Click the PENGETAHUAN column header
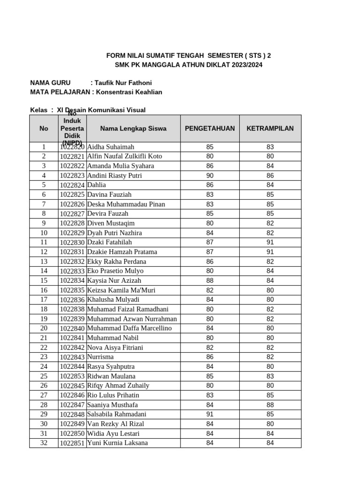coord(210,128)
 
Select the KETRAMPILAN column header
coord(270,128)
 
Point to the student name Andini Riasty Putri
coord(115,176)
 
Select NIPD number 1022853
coord(72,376)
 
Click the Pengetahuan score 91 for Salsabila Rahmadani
coord(210,414)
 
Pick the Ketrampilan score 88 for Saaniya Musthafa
coord(270,405)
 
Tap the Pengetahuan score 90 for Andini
coord(210,176)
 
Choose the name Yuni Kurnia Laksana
coord(118,443)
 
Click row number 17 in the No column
coord(44,300)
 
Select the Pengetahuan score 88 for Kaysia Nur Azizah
coord(210,280)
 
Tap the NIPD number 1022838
coord(72,309)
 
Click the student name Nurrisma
coord(100,357)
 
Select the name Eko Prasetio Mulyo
coord(116,271)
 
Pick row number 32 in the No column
coord(44,443)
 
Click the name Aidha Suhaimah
coord(111,147)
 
